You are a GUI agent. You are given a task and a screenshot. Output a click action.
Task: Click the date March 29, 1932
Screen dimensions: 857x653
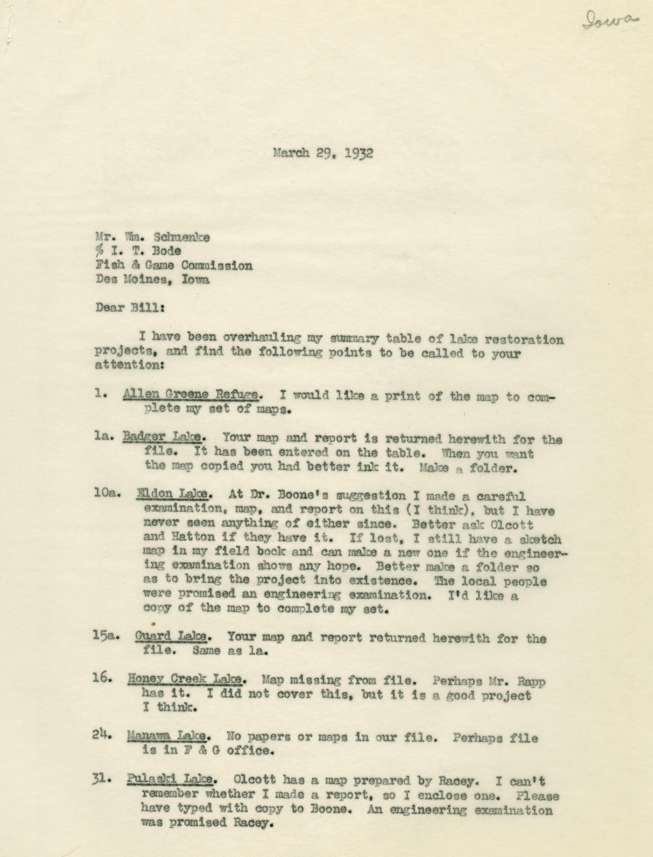323,153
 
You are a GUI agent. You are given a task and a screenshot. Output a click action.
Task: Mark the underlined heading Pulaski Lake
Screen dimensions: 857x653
170,779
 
